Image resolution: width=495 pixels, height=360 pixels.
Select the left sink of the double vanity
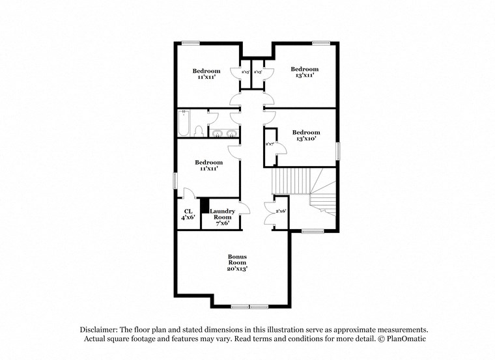pos(216,135)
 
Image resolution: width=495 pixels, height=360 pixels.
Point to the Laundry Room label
pos(221,212)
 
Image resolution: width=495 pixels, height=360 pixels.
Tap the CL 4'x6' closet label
pos(188,214)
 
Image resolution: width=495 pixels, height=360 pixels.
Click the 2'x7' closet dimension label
pos(269,144)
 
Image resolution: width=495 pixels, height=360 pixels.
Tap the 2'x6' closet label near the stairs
pos(281,212)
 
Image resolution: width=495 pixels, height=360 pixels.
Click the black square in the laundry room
pos(204,206)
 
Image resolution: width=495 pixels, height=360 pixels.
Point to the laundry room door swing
pos(244,208)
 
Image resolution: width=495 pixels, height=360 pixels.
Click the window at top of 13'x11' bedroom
pos(320,43)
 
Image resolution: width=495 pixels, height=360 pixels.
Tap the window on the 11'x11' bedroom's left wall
pos(174,180)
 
